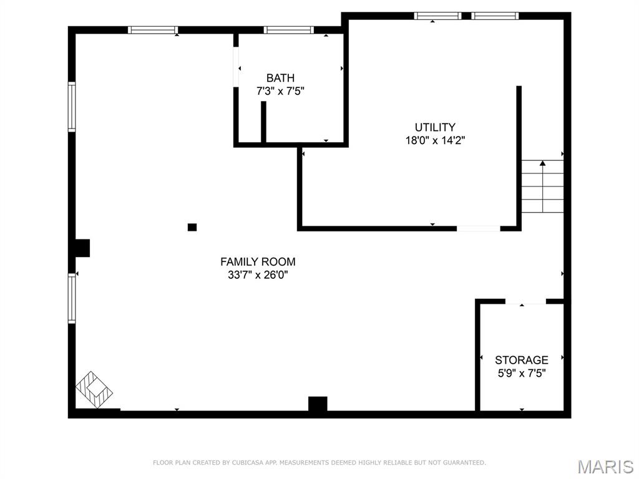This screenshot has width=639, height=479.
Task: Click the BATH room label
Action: [280, 78]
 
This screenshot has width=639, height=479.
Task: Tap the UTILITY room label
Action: [435, 127]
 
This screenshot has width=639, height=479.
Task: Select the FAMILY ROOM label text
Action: [258, 262]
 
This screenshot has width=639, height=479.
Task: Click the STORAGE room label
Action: [522, 360]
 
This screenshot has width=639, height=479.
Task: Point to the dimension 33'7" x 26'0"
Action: [258, 274]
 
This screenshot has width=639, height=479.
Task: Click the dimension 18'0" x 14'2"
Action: [435, 140]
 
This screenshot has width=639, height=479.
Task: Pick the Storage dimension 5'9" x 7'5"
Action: [522, 373]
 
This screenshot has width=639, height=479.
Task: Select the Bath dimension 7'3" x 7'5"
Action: [280, 91]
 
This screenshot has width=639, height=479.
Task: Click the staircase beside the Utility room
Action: [542, 186]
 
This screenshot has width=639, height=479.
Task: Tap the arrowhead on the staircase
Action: [542, 163]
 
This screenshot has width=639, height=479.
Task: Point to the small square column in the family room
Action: [192, 227]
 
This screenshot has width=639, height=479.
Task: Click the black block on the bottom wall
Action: [318, 404]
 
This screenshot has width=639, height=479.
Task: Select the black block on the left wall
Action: [82, 248]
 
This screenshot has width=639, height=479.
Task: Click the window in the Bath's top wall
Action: [288, 29]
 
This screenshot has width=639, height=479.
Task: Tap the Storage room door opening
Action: [525, 302]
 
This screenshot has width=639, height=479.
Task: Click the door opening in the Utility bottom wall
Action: [478, 228]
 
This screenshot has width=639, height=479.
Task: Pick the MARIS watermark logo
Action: [605, 467]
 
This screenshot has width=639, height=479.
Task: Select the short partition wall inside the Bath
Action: [263, 122]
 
